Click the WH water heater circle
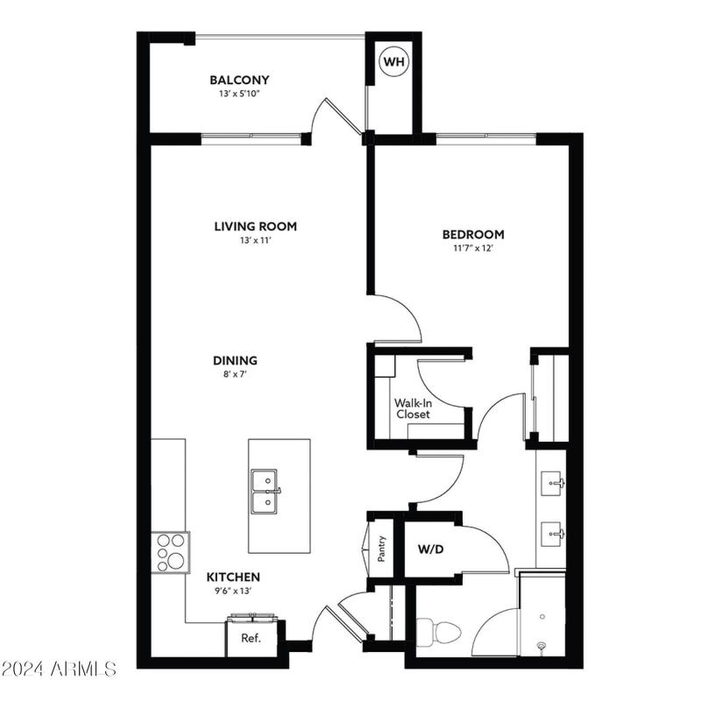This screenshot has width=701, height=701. tap(393, 63)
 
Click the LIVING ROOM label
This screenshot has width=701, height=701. tap(255, 226)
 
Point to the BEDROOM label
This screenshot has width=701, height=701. tap(473, 234)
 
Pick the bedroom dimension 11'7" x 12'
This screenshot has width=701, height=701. tap(473, 249)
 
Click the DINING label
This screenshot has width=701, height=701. tap(235, 360)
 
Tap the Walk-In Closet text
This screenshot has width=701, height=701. tap(413, 409)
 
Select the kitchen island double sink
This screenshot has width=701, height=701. tap(265, 492)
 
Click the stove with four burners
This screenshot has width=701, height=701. tap(171, 552)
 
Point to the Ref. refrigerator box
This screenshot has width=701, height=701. tap(252, 639)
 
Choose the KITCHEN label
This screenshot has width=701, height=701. tap(233, 577)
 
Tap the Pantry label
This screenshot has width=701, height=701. tap(382, 549)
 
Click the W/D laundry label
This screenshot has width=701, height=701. tap(430, 551)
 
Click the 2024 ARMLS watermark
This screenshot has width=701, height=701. tap(59, 669)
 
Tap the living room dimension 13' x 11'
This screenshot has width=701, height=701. tap(255, 241)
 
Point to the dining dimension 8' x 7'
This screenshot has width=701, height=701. tap(235, 375)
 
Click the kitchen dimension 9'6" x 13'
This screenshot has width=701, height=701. tap(233, 591)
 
